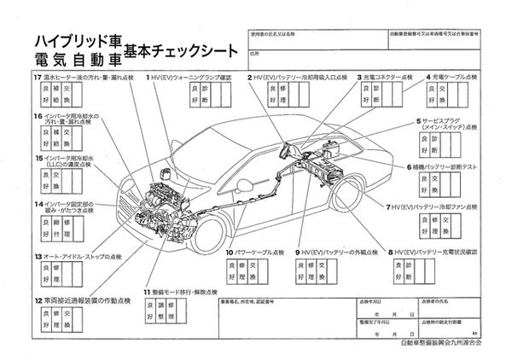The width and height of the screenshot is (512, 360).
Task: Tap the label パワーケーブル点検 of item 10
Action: tap(259, 253)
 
